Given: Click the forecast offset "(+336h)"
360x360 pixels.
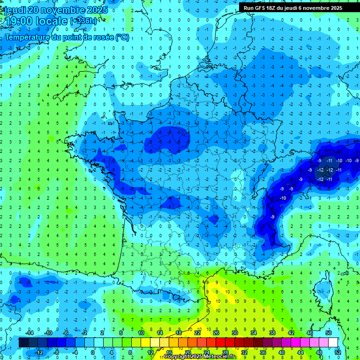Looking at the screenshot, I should click(84, 21).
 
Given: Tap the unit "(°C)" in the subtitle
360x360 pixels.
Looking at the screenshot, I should click(122, 37).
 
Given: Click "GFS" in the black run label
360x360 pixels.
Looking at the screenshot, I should click(263, 8).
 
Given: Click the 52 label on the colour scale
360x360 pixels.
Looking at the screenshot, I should click(337, 352).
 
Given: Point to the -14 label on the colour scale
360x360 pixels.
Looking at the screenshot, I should click(29, 332).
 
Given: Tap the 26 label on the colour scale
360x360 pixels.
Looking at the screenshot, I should click(216, 332).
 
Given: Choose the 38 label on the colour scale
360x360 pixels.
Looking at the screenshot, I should click(272, 332).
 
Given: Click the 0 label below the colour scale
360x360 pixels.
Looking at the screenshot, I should click(92, 352).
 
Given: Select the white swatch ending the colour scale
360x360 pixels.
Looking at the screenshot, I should click(333, 343).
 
